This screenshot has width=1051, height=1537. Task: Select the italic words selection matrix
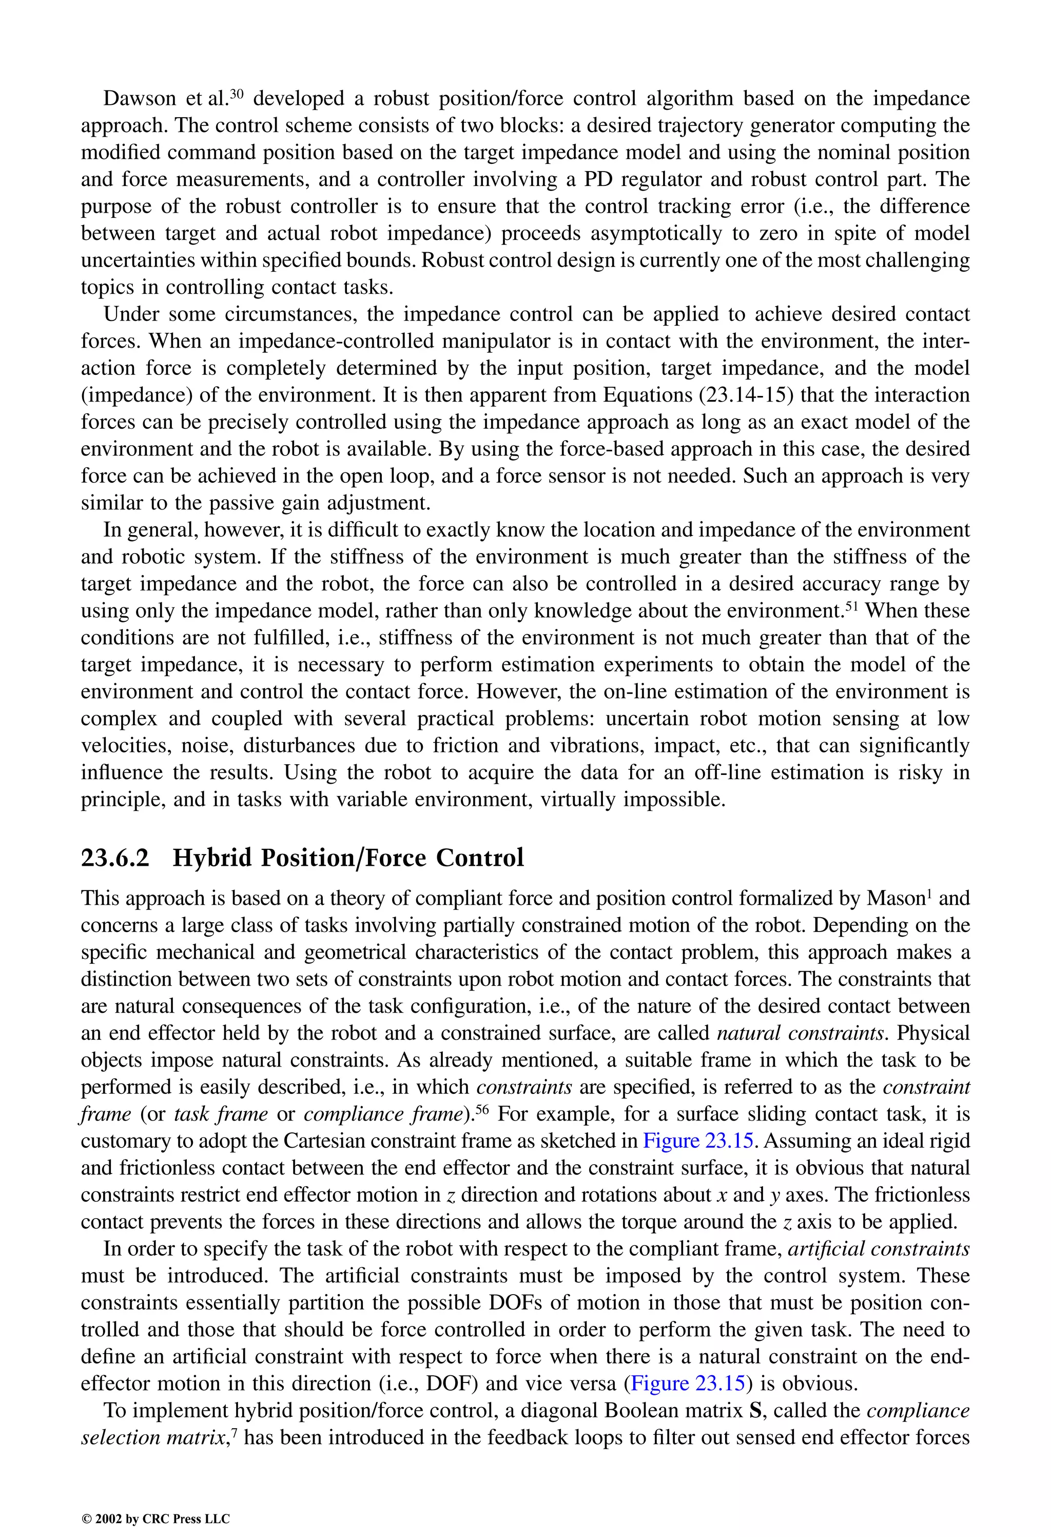[155, 1438]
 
